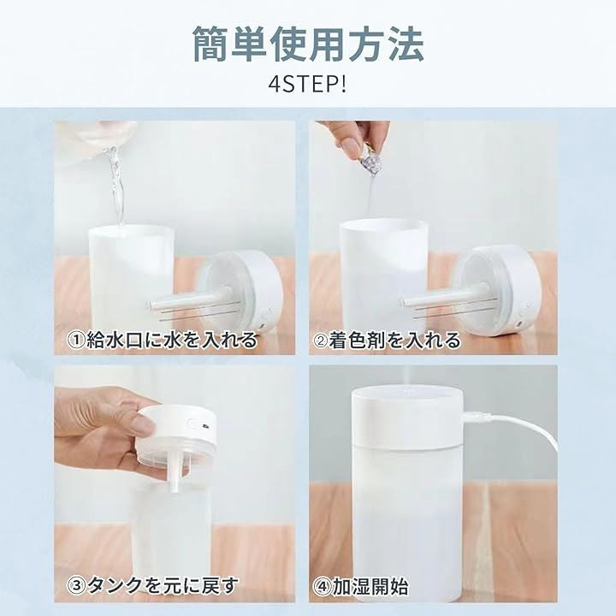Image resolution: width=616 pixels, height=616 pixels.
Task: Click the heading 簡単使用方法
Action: point(308,44)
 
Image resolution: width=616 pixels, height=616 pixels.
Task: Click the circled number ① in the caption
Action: point(76,341)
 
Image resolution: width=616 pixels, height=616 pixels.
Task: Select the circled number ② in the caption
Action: point(321,341)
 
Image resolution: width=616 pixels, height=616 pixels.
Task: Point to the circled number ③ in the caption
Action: point(77,586)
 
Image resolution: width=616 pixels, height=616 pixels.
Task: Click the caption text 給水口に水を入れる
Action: point(171,340)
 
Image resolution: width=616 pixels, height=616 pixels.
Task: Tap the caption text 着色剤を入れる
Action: point(394,341)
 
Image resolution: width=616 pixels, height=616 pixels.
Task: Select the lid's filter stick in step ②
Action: point(443,297)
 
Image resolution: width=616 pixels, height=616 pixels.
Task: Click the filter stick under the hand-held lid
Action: point(175,471)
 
